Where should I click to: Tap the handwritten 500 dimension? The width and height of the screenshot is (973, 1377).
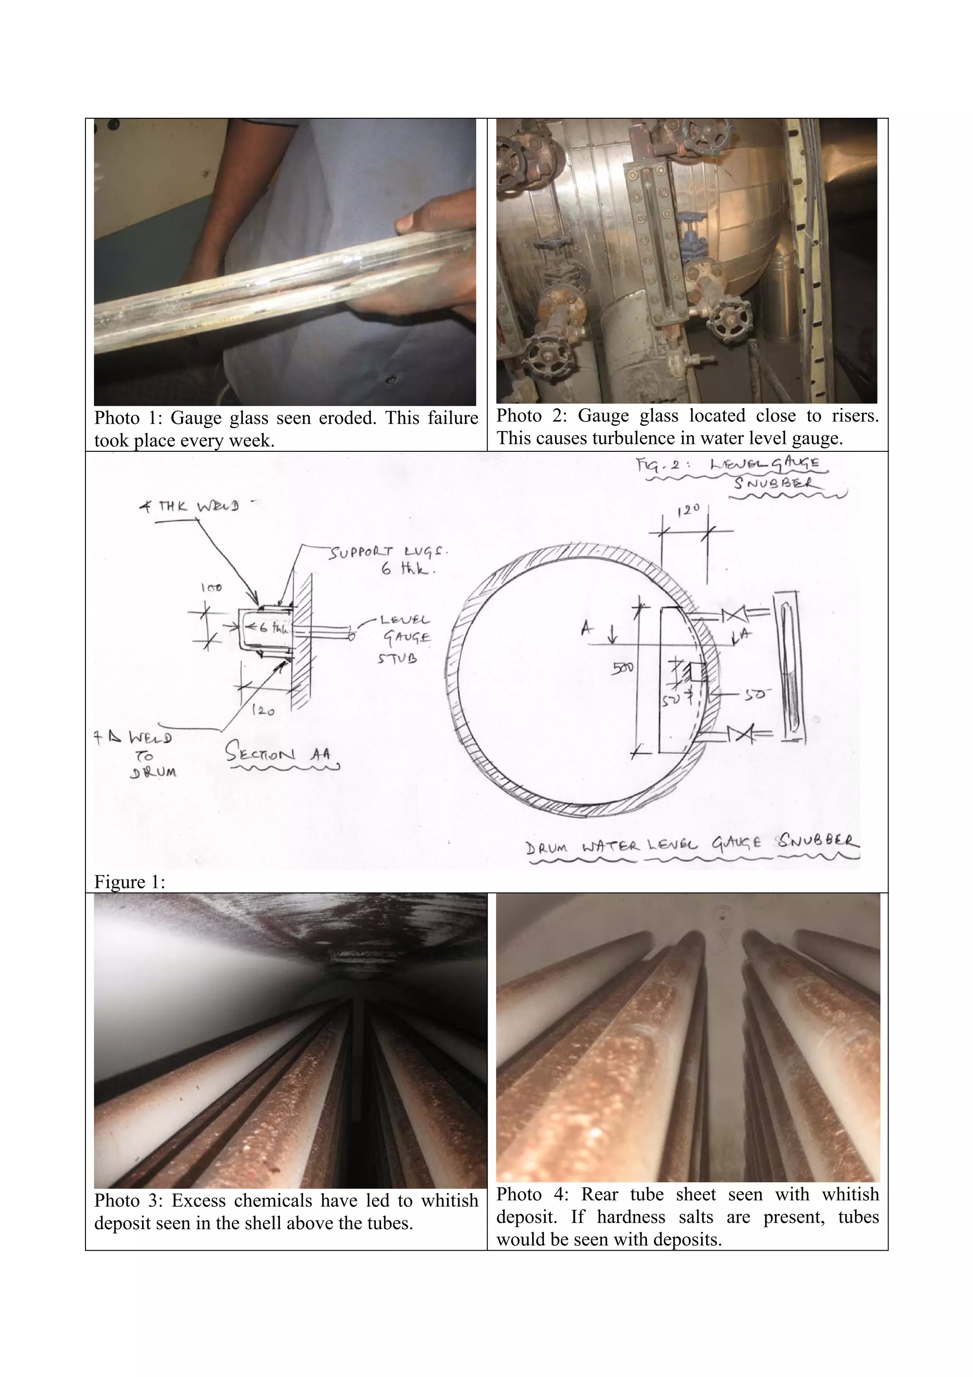[x=622, y=667]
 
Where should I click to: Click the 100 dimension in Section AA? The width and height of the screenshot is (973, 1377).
[x=211, y=588]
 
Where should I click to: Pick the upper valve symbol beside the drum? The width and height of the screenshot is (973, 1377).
[x=732, y=615]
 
